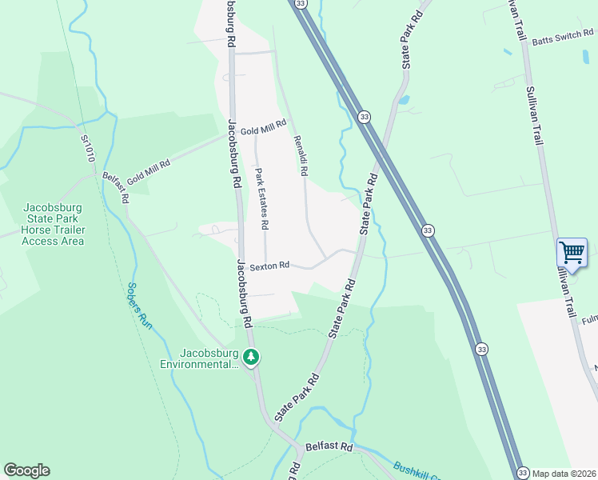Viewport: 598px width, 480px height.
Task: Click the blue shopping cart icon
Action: (x=572, y=253)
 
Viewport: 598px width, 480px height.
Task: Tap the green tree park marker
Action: (x=251, y=357)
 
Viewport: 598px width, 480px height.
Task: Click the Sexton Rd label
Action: (x=269, y=266)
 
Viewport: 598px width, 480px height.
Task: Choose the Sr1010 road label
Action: (x=87, y=148)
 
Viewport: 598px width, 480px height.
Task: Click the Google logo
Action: (x=26, y=470)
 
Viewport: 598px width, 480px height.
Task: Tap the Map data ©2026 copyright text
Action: (x=564, y=473)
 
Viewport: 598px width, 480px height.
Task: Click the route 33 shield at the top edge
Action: (x=300, y=4)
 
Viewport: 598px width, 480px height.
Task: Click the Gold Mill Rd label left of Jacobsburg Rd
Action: (x=148, y=169)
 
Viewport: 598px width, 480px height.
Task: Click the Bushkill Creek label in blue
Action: (x=415, y=470)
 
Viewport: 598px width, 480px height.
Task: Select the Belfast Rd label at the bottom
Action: (x=329, y=446)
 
